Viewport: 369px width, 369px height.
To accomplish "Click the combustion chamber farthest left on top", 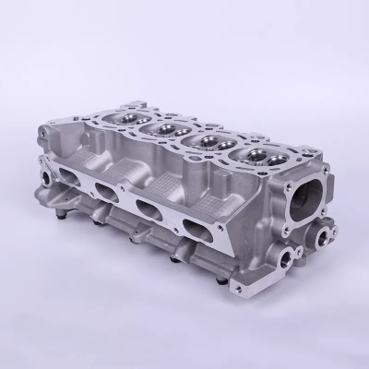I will (129, 116).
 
